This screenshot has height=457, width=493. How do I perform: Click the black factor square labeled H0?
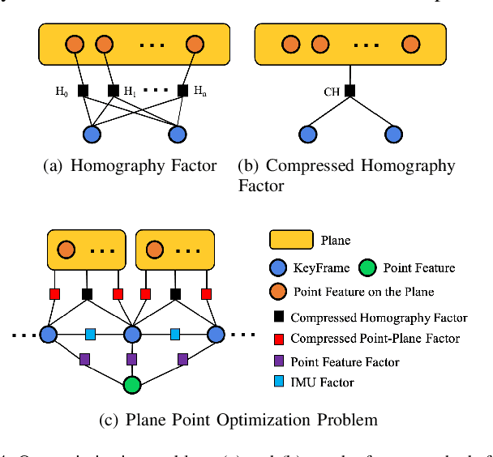click(x=83, y=91)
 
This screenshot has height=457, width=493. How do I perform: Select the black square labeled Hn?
click(x=182, y=91)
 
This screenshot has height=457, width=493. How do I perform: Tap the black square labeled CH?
click(x=349, y=91)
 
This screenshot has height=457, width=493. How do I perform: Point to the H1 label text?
click(x=130, y=91)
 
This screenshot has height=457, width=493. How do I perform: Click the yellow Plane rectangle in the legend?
click(x=291, y=240)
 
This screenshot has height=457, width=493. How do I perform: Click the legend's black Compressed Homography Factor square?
click(x=278, y=318)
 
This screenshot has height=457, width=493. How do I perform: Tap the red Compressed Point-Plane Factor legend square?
click(x=278, y=339)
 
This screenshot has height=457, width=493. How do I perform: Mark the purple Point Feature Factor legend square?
click(x=278, y=361)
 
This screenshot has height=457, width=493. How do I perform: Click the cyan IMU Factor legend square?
click(x=278, y=382)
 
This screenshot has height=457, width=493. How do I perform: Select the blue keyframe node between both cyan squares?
click(x=131, y=334)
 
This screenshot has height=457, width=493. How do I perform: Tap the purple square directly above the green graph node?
click(x=131, y=359)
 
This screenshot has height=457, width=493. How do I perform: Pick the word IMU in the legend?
click(x=302, y=382)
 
